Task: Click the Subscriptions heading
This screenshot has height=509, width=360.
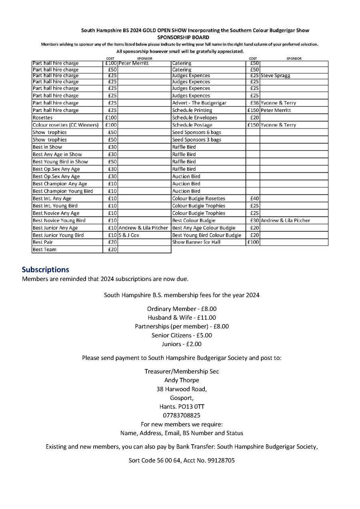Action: pyautogui.click(x=45, y=269)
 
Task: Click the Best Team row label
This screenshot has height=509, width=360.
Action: pyautogui.click(x=44, y=250)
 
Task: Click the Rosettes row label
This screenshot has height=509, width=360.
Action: pyautogui.click(x=43, y=118)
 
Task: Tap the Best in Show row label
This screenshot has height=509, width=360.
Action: pyautogui.click(x=47, y=147)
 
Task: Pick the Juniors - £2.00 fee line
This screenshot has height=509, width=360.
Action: pyautogui.click(x=182, y=344)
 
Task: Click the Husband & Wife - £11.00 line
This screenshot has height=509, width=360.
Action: pyautogui.click(x=182, y=318)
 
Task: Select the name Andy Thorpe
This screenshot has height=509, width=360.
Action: pyautogui.click(x=182, y=380)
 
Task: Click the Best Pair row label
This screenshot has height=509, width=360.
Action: pyautogui.click(x=43, y=242)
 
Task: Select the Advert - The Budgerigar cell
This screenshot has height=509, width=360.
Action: pyautogui.click(x=199, y=103)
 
